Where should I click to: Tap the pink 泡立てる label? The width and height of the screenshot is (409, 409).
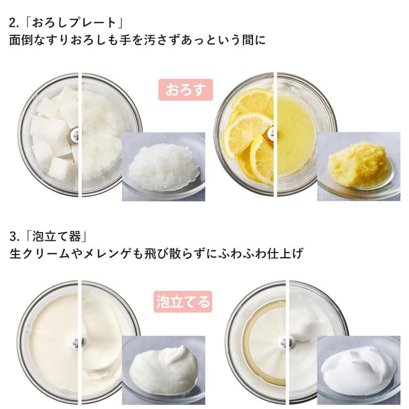pos(183,301)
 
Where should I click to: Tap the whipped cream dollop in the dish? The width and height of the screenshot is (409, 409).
pos(163,369)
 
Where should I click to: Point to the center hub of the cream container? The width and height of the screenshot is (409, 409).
pos(78,341)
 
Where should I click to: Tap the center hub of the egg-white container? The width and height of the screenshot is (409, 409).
pos(284,341)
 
